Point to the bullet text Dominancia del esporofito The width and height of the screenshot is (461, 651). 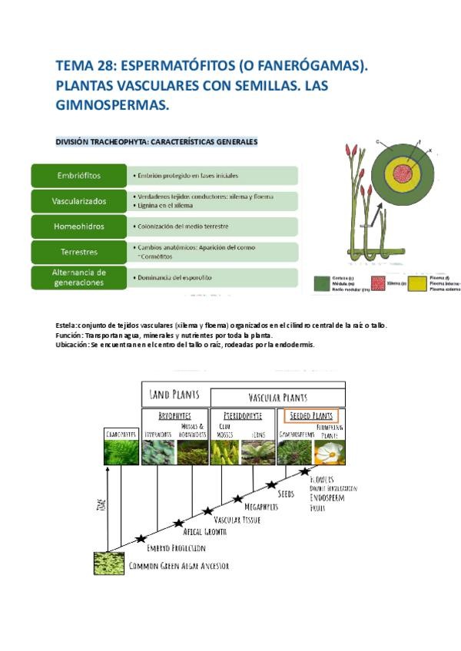(175, 277)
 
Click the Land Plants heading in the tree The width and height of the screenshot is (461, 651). (174, 395)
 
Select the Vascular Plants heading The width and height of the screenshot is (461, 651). (277, 398)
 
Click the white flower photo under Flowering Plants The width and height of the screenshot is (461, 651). (330, 452)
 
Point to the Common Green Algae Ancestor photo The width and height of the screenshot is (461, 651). (108, 563)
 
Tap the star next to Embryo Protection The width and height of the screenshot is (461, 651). (141, 539)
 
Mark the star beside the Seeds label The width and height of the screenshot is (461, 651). (271, 484)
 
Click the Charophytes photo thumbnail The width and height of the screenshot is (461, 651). (121, 452)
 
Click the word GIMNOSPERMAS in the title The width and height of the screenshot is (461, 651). (112, 104)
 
